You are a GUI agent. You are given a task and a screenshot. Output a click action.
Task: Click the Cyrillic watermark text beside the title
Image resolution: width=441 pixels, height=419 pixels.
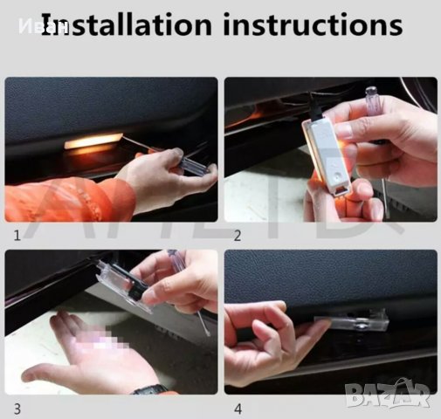point(27,26)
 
